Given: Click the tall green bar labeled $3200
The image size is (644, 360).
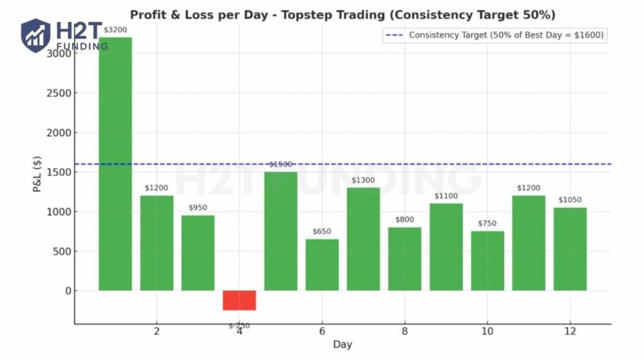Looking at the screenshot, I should tap(116, 164).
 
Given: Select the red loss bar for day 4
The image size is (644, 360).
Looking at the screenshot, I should tap(240, 300).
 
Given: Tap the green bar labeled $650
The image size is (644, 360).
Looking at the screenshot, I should tap(322, 264).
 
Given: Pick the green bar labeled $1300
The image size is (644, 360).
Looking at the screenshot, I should tap(364, 239).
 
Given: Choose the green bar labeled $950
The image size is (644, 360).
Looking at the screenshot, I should tap(198, 253).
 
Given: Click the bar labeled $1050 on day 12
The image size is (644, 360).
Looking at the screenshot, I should tap(570, 249).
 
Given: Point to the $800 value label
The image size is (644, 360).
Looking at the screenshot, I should tap(404, 220).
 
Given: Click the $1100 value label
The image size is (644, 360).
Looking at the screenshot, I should tap(446, 196).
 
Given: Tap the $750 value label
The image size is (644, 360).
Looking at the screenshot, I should tap(487, 223).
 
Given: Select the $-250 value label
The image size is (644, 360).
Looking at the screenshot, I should tap(239, 326).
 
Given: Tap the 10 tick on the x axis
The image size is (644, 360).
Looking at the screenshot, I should tap(487, 331).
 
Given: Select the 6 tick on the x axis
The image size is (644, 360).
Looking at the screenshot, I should tap(322, 331).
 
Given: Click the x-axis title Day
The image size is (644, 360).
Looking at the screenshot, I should tap(342, 344).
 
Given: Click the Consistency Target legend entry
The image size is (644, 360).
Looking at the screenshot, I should tap(494, 35).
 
